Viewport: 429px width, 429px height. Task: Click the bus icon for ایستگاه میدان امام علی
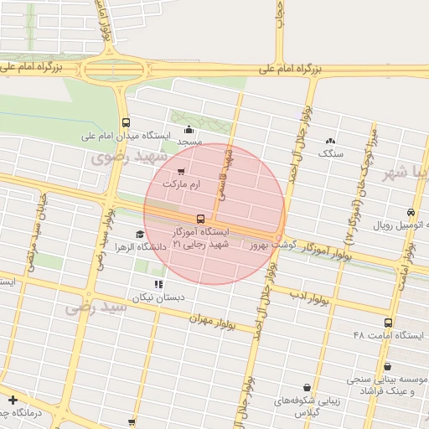pyautogui.click(x=126, y=121)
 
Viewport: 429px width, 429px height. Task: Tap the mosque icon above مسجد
pyautogui.click(x=189, y=129)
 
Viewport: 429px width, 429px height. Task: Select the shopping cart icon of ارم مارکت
pyautogui.click(x=181, y=171)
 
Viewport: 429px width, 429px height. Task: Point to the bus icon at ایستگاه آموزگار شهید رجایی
pyautogui.click(x=199, y=219)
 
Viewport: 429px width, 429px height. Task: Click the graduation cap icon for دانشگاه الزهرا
pyautogui.click(x=138, y=235)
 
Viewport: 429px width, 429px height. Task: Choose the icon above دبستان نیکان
pyautogui.click(x=159, y=285)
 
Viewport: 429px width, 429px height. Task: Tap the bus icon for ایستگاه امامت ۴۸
pyautogui.click(x=387, y=323)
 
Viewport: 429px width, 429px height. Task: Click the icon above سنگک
pyautogui.click(x=330, y=142)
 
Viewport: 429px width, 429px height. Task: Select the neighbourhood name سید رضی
pyautogui.click(x=96, y=308)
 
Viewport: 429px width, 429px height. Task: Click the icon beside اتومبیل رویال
pyautogui.click(x=411, y=213)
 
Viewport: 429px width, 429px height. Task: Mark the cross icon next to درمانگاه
pyautogui.click(x=13, y=398)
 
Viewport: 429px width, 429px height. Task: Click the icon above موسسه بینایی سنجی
pyautogui.click(x=388, y=366)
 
